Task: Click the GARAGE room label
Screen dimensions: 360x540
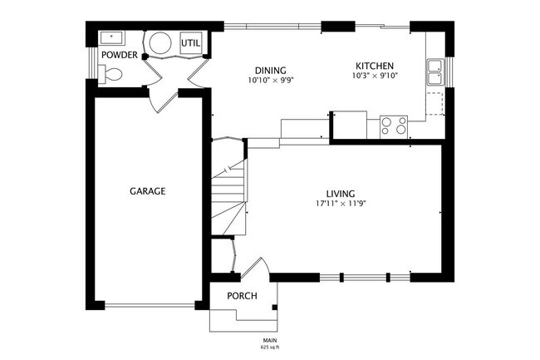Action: click(147, 191)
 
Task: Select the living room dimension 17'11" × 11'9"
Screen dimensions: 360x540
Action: click(341, 204)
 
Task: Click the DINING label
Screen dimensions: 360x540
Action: click(271, 71)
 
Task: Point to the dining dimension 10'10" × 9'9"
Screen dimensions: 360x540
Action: click(271, 81)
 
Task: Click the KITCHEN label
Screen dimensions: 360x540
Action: click(375, 66)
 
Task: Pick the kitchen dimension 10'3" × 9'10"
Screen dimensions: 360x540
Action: click(375, 76)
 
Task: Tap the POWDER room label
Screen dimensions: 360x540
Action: click(119, 55)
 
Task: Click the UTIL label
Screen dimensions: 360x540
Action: click(190, 43)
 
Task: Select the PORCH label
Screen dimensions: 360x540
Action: click(242, 296)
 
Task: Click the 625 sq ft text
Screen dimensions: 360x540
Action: click(271, 346)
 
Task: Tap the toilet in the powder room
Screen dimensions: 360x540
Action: click(109, 75)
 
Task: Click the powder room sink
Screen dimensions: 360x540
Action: click(110, 37)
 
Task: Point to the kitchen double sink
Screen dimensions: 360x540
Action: click(434, 72)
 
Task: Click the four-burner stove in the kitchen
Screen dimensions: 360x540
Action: click(394, 126)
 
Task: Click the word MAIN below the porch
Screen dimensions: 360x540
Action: click(271, 339)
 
